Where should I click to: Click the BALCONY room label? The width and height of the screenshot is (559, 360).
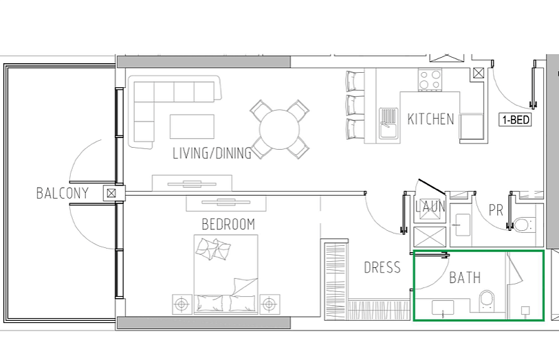point(63,193)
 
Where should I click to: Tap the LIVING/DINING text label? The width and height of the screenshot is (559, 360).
point(212,153)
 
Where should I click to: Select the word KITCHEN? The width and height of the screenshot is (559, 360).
point(430,120)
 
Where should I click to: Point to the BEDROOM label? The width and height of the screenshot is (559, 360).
point(228,225)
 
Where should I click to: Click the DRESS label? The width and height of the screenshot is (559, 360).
point(382,267)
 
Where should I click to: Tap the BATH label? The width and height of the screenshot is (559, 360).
point(465,278)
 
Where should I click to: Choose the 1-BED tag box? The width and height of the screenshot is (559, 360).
point(515,120)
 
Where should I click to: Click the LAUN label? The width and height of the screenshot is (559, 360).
point(430,207)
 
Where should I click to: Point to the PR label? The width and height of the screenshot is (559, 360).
point(496,210)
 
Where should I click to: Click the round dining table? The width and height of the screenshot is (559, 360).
point(279,130)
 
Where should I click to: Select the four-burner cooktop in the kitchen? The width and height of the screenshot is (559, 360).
point(430,80)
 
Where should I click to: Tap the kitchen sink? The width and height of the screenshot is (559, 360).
point(388,123)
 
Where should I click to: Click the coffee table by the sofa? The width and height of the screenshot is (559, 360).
point(192,126)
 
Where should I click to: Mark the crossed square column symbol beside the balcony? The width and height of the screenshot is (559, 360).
point(111,193)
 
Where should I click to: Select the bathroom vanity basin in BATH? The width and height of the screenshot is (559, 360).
point(443,308)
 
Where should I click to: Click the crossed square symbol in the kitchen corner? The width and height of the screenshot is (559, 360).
point(478,74)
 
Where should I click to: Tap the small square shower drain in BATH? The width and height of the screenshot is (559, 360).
point(525,311)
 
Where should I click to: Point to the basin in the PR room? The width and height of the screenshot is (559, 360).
point(462,225)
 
